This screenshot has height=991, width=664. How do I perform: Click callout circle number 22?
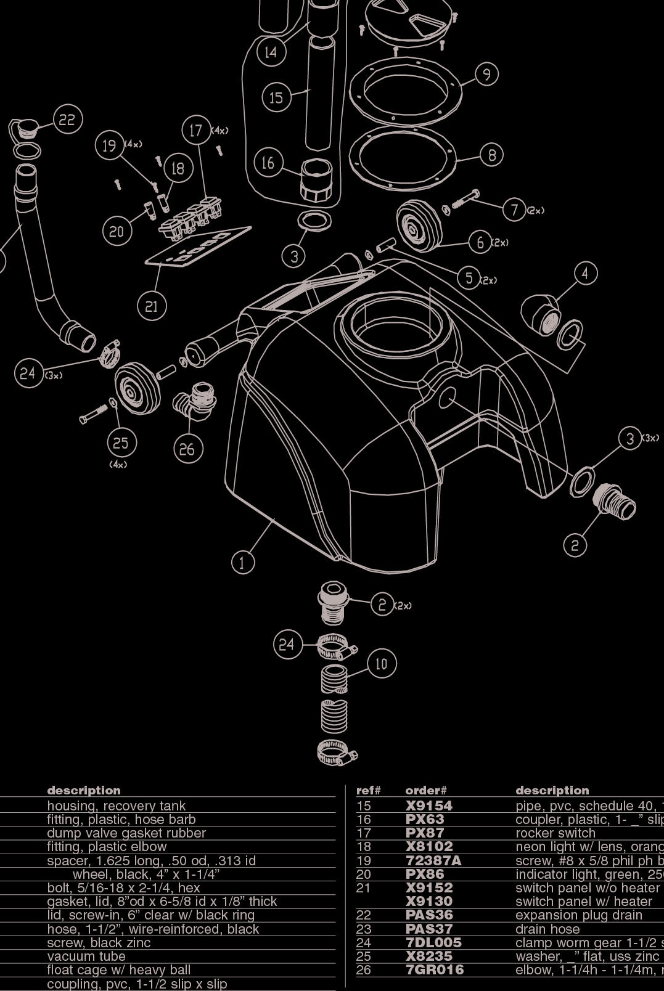[x=67, y=120]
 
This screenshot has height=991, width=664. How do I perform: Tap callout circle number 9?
[x=486, y=75]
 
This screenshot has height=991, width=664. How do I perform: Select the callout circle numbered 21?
[x=152, y=306]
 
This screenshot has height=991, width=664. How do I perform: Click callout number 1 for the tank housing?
[x=242, y=562]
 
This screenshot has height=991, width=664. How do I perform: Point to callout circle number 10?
[x=382, y=664]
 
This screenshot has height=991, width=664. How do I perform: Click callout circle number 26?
[x=187, y=449]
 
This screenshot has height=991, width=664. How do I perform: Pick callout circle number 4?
[x=585, y=273]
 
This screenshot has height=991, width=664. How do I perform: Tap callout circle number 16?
[x=268, y=163]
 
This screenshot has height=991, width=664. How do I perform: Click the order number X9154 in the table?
[x=428, y=805]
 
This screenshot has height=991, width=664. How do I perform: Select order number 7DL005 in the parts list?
[x=433, y=942]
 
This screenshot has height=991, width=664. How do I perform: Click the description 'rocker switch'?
[x=555, y=833]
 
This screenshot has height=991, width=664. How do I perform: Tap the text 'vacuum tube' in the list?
[x=86, y=956]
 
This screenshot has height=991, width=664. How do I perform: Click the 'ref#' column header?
[x=368, y=791]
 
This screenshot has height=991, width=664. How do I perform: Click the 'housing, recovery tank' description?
[x=116, y=805]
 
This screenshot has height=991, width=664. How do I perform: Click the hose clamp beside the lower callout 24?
[x=337, y=646]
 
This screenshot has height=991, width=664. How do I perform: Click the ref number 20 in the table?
[x=364, y=874]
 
